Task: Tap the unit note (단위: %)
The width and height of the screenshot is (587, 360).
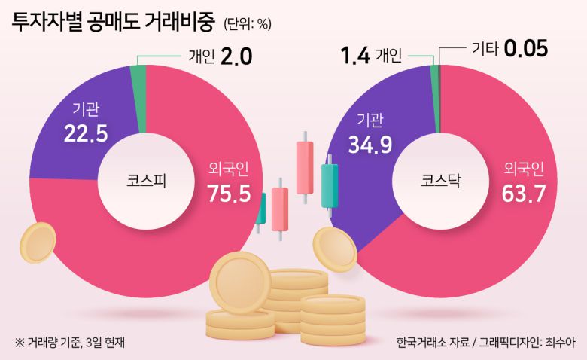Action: pyautogui.click(x=247, y=24)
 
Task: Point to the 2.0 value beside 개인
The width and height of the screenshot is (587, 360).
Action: pyautogui.click(x=236, y=56)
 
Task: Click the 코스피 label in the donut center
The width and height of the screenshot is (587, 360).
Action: pyautogui.click(x=147, y=181)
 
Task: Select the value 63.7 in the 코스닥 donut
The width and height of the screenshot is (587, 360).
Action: pyautogui.click(x=524, y=194)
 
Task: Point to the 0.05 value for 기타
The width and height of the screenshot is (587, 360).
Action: pyautogui.click(x=525, y=49)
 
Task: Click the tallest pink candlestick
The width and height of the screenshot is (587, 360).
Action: pyautogui.click(x=304, y=166)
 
